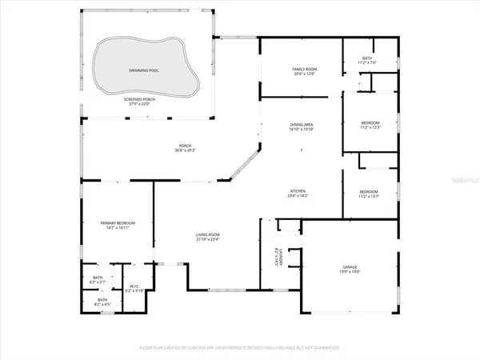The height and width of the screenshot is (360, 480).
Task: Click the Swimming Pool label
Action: pyautogui.click(x=145, y=70)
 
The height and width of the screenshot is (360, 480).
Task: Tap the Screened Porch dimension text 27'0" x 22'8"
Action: pyautogui.click(x=145, y=103)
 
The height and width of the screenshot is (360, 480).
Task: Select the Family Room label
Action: pyautogui.click(x=305, y=70)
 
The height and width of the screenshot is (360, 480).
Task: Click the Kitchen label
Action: pyautogui.click(x=298, y=190)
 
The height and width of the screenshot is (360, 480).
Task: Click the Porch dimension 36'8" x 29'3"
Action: pyautogui.click(x=186, y=151)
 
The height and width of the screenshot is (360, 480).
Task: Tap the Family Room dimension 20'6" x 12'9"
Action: pyautogui.click(x=305, y=74)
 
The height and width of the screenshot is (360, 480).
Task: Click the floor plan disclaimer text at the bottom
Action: pyautogui.click(x=239, y=347)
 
